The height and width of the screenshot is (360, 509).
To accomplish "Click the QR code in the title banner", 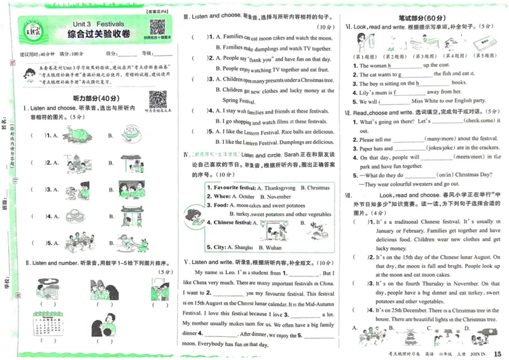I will point(157,28).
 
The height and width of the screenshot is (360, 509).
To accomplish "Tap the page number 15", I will point(497,353).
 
